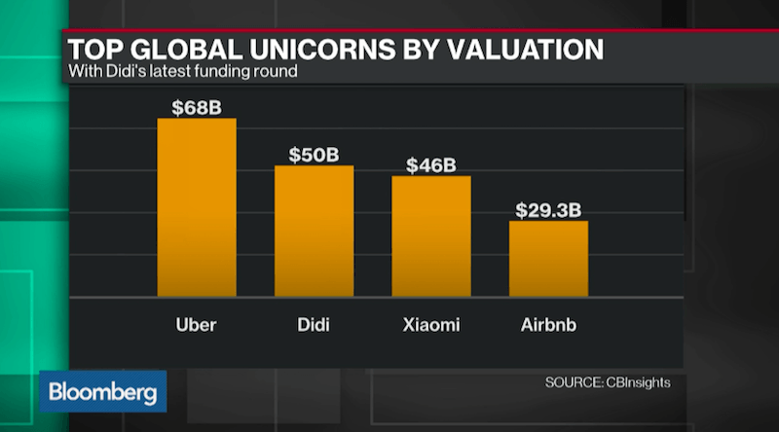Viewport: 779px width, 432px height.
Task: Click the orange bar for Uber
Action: [197, 206]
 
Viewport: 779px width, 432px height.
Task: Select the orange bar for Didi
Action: [314, 231]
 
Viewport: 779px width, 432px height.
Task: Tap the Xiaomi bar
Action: [431, 235]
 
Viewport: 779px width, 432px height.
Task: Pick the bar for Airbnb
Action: [548, 258]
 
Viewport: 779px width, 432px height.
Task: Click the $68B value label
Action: [197, 107]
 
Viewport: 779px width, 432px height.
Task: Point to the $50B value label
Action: [314, 155]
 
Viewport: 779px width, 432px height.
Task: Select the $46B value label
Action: [431, 164]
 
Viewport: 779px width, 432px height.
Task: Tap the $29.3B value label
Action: [548, 209]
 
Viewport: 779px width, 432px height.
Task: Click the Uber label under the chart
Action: [197, 323]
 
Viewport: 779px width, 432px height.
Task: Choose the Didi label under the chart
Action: [314, 323]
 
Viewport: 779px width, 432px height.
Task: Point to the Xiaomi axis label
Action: [431, 323]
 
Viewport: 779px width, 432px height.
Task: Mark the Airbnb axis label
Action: [548, 323]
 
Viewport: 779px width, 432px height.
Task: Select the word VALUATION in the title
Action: [527, 48]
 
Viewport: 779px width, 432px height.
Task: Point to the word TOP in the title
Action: [93, 48]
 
